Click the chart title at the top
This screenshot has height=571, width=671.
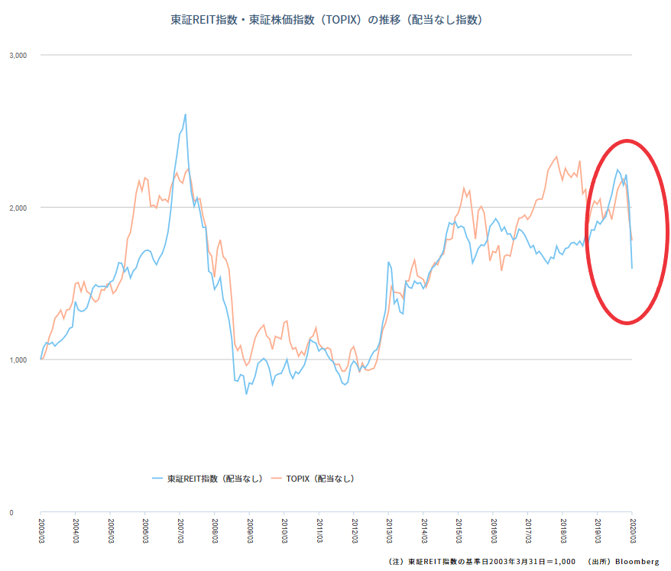click(326, 20)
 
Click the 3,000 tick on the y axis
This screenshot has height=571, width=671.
click(18, 56)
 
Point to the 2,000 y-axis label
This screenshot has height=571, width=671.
click(18, 208)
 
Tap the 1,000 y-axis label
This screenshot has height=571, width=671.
click(18, 360)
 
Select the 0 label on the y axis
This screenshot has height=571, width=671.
click(11, 513)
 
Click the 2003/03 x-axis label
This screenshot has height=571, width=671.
click(41, 531)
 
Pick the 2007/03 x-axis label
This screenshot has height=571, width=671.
click(180, 531)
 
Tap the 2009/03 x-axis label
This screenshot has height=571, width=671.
click(250, 531)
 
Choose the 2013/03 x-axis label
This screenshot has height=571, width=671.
click(389, 531)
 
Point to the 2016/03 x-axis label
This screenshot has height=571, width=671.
click(494, 531)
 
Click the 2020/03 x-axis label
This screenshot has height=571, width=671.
click(633, 531)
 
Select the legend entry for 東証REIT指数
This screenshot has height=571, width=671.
click(208, 479)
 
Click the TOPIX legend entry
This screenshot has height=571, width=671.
click(313, 479)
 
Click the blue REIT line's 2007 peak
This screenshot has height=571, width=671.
click(185, 114)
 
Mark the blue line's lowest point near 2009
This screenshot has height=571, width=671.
click(246, 394)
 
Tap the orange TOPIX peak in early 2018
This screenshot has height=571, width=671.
click(556, 156)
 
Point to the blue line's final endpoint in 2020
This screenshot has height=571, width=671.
click(632, 269)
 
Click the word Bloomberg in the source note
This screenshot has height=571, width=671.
click(637, 562)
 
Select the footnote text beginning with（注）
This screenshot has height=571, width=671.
click(482, 562)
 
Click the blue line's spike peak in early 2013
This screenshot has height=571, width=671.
click(388, 262)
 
